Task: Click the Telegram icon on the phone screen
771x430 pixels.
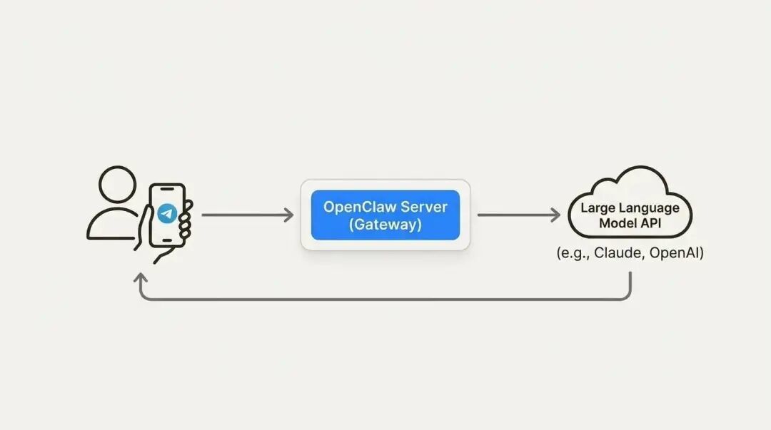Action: click(168, 213)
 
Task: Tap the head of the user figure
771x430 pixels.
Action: click(118, 186)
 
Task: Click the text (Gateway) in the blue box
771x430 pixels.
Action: click(385, 225)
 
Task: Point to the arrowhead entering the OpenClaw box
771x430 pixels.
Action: click(288, 215)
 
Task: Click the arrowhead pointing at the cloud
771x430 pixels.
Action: click(555, 215)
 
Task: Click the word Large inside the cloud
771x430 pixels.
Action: click(598, 208)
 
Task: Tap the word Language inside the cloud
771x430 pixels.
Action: click(650, 208)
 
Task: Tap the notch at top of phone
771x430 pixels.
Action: click(168, 190)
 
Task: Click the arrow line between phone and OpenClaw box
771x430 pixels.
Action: click(243, 215)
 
